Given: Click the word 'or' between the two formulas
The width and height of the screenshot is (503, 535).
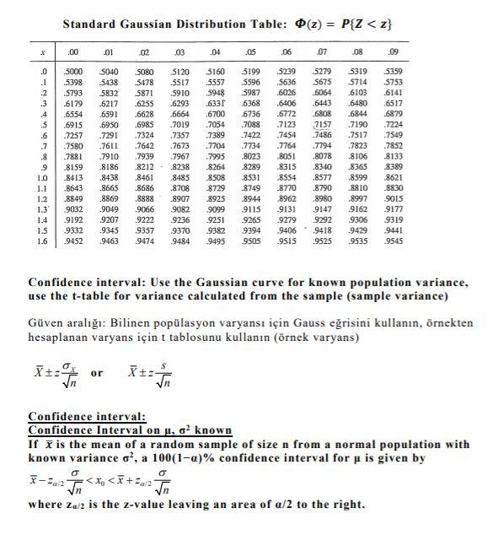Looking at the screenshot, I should point(97,371).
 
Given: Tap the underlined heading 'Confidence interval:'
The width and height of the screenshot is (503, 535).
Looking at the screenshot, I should point(88,416).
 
